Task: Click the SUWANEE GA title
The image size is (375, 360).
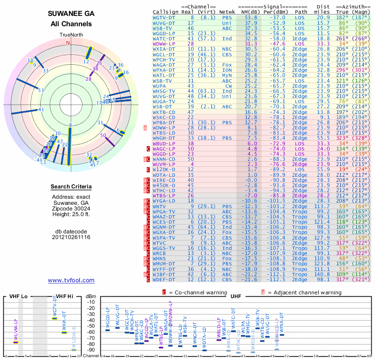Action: coord(71,14)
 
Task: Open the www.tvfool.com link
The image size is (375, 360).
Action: coord(71,280)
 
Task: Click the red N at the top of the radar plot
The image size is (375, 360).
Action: coord(68,43)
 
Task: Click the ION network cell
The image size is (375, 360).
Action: coord(227,69)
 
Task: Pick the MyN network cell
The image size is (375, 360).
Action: coord(227,75)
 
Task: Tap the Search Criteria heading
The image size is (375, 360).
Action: coord(71,187)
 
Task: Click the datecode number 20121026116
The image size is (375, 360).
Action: coord(71,237)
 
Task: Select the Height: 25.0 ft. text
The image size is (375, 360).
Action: coord(71,215)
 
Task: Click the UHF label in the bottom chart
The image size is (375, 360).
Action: coord(236,297)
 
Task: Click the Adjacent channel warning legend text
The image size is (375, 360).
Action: coord(304,292)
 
